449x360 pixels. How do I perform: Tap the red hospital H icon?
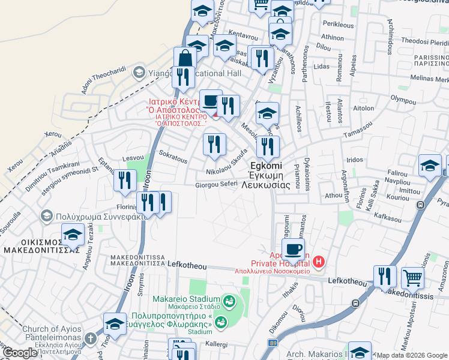point(318,262)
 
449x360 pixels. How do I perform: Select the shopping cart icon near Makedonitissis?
point(412,277)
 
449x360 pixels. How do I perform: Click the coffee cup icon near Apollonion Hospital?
point(293,249)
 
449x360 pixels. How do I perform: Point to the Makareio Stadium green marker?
point(228,300)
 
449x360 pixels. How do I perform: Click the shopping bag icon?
point(185,59)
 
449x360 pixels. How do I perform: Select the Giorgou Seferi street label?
point(217,185)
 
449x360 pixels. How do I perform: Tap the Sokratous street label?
point(173,157)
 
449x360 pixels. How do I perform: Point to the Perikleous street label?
point(338,25)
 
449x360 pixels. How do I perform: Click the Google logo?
point(20,353)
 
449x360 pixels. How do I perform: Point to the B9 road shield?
point(273,343)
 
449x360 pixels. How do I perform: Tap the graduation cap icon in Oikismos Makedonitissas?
point(73,235)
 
